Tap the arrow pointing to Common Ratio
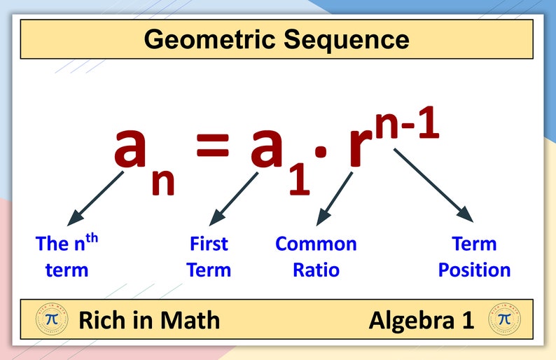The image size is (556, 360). coord(334,198)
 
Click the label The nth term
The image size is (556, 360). coord(67,256)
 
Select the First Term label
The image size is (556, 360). coord(209,256)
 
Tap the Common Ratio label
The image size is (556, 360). coord(316,256)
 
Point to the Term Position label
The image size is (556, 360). coord(474,256)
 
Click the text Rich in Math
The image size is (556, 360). coord(149,321)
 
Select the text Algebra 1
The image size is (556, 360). coord(422,321)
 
